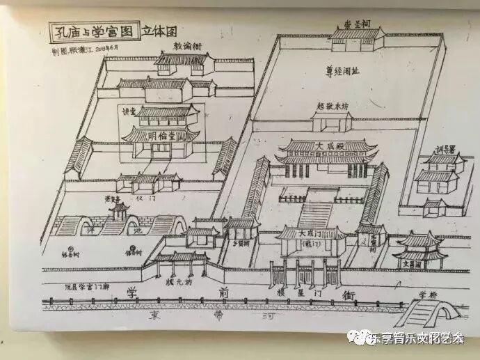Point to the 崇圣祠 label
pos(356,22)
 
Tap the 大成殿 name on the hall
pos(328,148)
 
